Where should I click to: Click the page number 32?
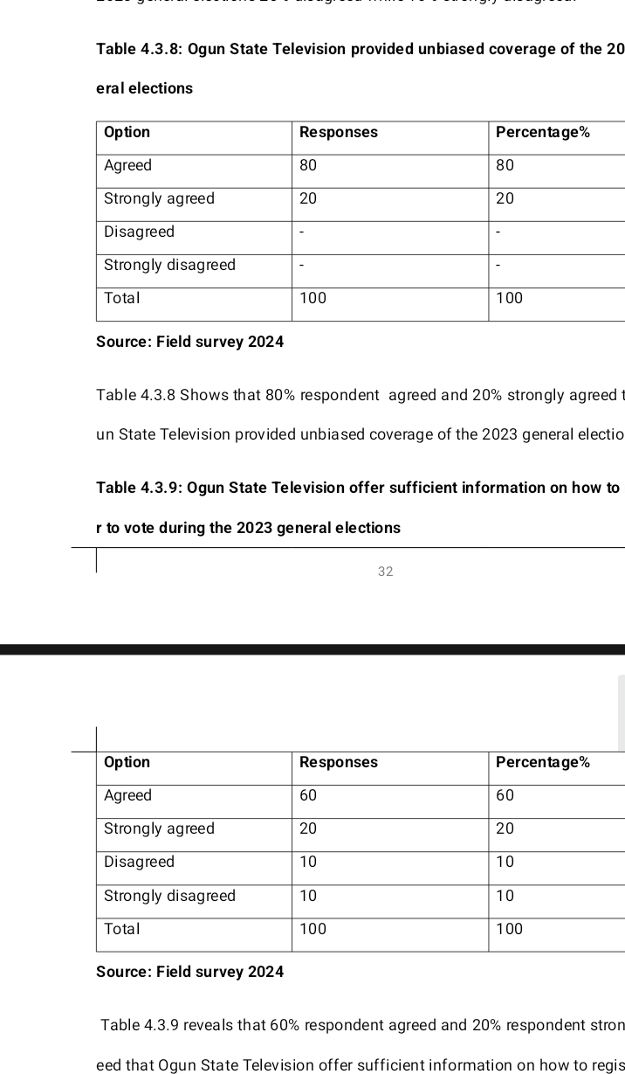pos(386,572)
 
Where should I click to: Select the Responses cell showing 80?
pos(308,165)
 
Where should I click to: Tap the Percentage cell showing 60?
pos(505,795)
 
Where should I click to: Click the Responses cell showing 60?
pos(308,795)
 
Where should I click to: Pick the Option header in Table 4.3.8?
pos(127,132)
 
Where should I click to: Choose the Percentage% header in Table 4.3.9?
pos(542,762)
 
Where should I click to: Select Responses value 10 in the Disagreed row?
pos(308,862)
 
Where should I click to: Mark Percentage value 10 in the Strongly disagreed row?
pos(505,896)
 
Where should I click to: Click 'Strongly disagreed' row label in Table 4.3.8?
pos(169,265)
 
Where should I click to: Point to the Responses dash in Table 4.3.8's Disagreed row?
pos(301,232)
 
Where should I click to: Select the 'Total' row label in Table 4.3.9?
pos(121,929)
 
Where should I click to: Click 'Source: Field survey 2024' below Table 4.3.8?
pos(189,342)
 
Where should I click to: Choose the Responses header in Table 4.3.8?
pos(338,132)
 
